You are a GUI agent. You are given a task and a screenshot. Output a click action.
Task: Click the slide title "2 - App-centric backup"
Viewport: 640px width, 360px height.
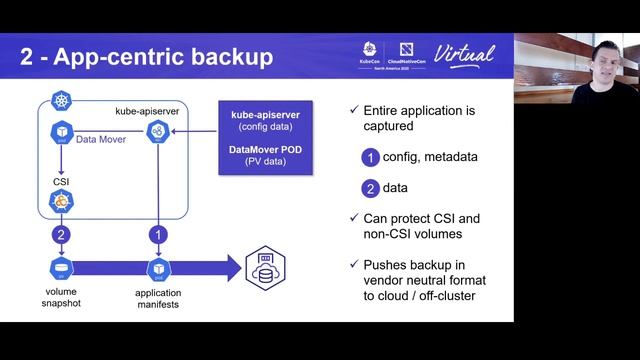click(x=146, y=56)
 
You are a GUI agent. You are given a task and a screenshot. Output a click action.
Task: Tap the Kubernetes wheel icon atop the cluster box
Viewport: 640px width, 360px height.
click(x=52, y=103)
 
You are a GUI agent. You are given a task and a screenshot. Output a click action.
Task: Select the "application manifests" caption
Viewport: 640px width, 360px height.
click(x=157, y=297)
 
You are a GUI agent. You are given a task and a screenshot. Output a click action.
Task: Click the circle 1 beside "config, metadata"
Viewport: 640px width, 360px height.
click(x=371, y=157)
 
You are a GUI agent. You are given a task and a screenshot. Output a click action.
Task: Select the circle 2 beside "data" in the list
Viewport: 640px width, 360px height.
click(x=371, y=187)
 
